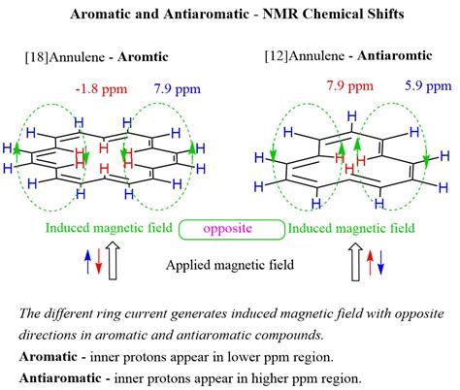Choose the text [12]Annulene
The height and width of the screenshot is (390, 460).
299,57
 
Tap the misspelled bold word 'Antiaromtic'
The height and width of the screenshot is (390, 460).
398,57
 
